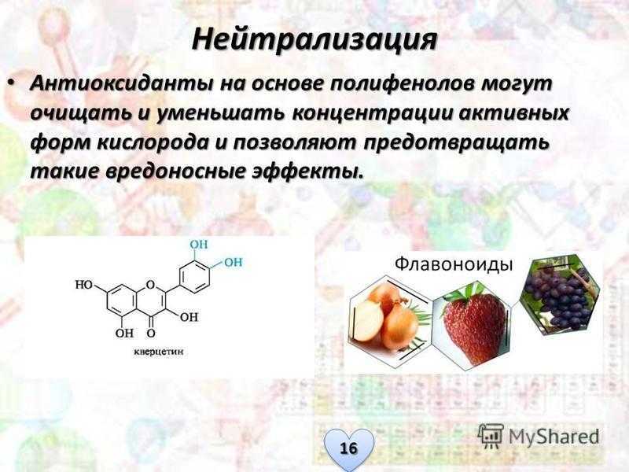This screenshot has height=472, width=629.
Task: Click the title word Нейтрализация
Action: (314, 40)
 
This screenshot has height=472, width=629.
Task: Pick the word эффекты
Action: (308, 172)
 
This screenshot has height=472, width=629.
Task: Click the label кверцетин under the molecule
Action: (159, 352)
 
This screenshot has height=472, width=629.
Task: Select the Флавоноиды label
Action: (454, 264)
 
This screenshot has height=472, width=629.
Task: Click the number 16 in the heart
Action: (348, 447)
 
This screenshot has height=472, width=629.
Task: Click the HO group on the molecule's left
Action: (83, 285)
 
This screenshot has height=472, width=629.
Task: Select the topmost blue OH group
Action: (199, 245)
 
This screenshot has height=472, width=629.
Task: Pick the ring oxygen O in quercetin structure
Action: (150, 285)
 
